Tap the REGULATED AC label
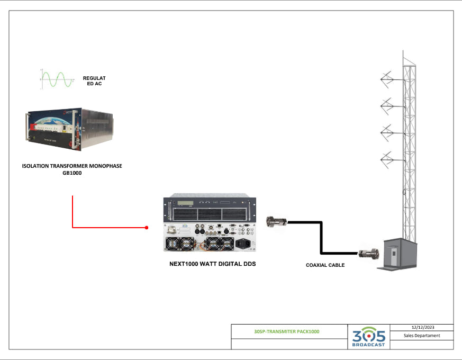[x=94, y=81]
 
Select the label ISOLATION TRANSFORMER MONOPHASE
[x=72, y=166]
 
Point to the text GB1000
[x=72, y=173]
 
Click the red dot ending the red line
[x=147, y=228]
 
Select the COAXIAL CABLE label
[x=325, y=265]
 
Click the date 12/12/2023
[x=422, y=328]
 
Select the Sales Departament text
[x=422, y=336]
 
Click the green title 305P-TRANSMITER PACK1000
[x=287, y=331]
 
